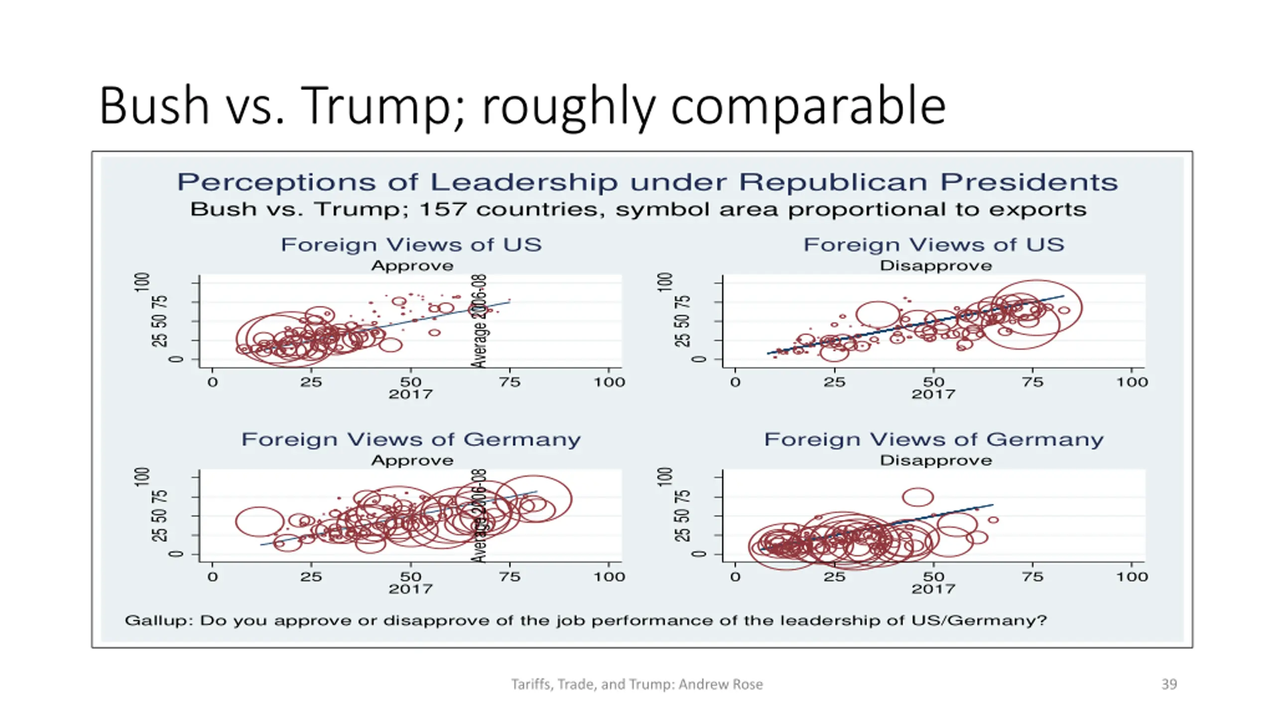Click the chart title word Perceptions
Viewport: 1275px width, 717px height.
click(x=276, y=182)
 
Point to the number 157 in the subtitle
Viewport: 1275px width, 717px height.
click(x=443, y=210)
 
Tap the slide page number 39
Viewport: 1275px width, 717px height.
click(x=1169, y=684)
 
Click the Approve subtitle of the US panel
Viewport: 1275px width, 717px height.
click(x=412, y=266)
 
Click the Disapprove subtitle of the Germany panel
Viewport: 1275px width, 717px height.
click(x=936, y=461)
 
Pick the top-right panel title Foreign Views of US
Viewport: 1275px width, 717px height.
click(x=934, y=245)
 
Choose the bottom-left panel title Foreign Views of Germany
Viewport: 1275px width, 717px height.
click(x=411, y=440)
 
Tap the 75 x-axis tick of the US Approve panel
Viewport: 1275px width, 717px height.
click(x=510, y=382)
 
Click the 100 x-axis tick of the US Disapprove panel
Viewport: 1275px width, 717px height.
click(x=1132, y=382)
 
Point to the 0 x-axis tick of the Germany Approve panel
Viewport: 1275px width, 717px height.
click(x=213, y=577)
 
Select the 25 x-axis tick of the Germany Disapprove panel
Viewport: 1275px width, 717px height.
click(x=834, y=577)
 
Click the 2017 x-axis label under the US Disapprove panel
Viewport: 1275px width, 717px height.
click(x=933, y=394)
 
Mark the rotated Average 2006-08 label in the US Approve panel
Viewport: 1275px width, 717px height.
click(x=479, y=322)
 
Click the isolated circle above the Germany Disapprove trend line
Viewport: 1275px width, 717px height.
click(x=917, y=497)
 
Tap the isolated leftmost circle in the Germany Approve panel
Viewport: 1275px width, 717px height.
click(x=259, y=521)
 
